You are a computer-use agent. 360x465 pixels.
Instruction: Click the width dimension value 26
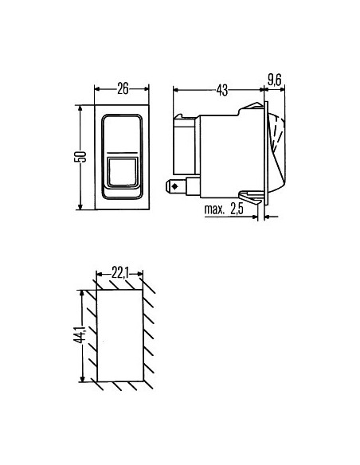pos(123,88)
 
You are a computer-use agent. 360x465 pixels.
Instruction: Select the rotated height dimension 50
pos(80,156)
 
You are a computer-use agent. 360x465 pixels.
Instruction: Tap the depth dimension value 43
pos(221,90)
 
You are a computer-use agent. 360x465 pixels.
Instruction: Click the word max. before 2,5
pos(217,210)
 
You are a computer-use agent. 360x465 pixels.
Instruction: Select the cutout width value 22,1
pos(120,274)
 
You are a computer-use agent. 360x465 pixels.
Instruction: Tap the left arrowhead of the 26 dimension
pos(97,88)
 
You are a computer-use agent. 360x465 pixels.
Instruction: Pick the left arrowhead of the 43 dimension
pos(175,90)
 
